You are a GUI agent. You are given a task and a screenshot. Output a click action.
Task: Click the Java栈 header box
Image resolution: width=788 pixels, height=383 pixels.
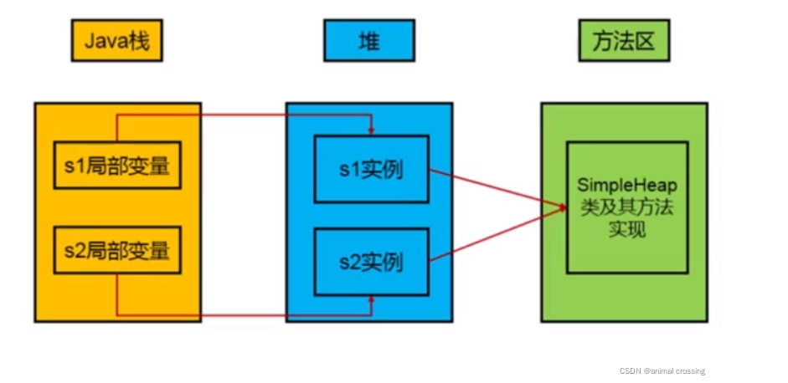[x=116, y=41]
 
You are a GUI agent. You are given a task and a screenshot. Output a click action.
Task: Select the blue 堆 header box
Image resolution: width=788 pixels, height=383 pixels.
[x=368, y=41]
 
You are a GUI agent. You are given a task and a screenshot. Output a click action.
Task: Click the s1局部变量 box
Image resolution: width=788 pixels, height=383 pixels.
[x=117, y=166]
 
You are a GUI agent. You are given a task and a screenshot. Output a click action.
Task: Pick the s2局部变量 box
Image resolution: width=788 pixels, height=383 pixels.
[x=117, y=249]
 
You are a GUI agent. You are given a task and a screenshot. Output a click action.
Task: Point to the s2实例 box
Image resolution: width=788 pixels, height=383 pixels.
[x=371, y=263]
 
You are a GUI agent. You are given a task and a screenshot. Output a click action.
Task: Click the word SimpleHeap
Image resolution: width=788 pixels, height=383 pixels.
[x=627, y=185]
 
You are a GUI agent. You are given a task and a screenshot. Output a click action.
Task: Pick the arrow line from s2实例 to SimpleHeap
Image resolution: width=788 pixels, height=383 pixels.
[x=494, y=237]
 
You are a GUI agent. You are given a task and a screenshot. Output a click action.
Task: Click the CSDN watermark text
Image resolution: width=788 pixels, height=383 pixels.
[x=630, y=370]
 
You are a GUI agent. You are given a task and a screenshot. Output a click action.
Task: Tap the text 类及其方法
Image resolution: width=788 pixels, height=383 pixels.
[x=627, y=207]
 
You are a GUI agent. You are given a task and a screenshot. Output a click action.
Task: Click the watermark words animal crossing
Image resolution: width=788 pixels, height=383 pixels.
[x=677, y=370]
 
